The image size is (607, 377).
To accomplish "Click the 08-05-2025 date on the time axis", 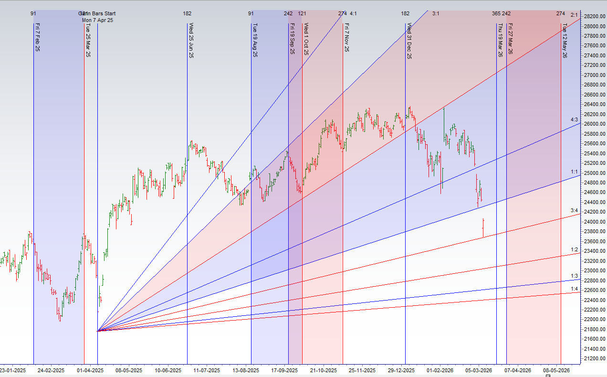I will pos(129,370).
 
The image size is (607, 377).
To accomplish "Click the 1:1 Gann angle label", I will pos(575,171).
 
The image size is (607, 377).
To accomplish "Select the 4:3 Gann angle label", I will pos(575,119).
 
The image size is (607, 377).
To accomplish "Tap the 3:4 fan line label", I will pos(575,210).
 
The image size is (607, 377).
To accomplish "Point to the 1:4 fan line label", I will pos(575,289).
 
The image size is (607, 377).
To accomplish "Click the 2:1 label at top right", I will pos(575,15).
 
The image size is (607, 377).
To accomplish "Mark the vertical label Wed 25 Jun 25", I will pos(191,41).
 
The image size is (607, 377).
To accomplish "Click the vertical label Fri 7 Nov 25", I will pos(346,38).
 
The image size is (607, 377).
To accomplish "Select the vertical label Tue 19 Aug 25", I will pos(255,41).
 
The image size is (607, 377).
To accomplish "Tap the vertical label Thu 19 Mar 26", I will pos(500,41).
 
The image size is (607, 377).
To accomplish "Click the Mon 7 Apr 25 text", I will pos(97,20).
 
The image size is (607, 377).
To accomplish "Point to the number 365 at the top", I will pos(496,13).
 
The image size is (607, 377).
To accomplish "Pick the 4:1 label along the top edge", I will pos(354,13).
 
